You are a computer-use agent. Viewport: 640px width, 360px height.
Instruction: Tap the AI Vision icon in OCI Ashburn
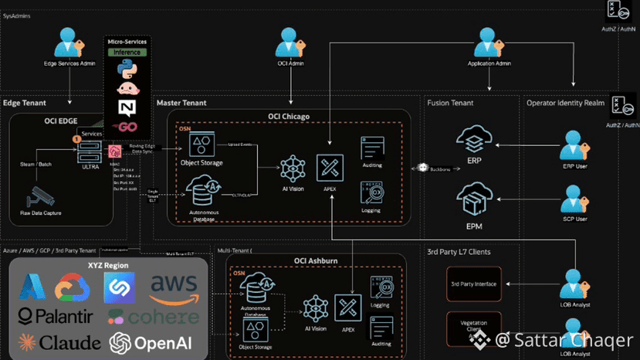[x=315, y=309]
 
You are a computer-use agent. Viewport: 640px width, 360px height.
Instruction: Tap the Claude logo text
[x=59, y=342]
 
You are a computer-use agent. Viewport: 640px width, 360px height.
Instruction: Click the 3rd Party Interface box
[x=474, y=284]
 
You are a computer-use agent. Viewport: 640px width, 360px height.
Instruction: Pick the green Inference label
[x=127, y=52]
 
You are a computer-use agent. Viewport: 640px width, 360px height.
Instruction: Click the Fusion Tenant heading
[x=450, y=103]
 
